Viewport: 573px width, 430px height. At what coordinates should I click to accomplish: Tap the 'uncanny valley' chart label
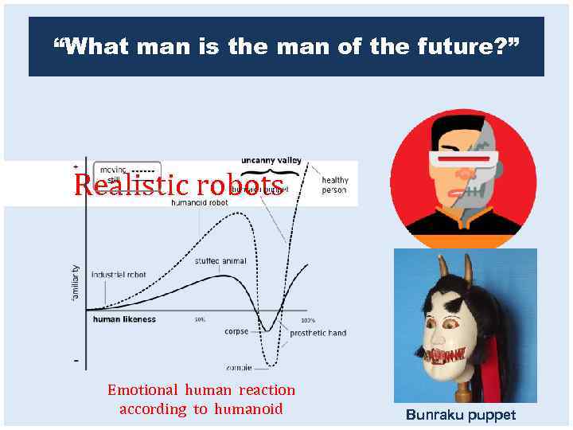[x=271, y=160]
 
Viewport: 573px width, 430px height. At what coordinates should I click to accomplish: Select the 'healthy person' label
[x=334, y=186]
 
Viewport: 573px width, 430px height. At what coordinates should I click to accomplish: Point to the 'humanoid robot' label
[x=200, y=203]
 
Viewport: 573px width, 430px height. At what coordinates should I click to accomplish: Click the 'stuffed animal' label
[x=220, y=260]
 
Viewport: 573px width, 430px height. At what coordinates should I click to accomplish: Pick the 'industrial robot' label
[x=119, y=275]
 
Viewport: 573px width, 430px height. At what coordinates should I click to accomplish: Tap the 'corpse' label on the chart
[x=236, y=331]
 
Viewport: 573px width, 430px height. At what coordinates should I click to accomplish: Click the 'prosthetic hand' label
[x=318, y=333]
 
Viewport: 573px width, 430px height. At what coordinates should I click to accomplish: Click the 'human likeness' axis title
[x=124, y=319]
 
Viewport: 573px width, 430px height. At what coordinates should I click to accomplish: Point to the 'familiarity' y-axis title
[x=76, y=282]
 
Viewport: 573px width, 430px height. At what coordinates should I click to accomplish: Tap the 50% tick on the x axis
[x=201, y=320]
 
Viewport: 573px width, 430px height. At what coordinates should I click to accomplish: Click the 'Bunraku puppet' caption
[x=461, y=415]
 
